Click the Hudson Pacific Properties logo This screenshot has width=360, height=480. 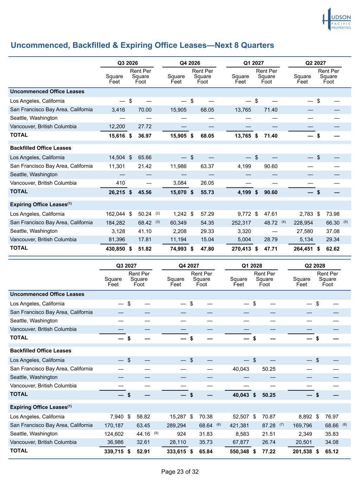pos(336,19)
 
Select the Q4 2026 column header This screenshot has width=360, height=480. pos(190,63)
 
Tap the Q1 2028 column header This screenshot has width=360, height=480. pos(252,266)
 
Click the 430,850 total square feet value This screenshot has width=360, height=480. pos(115,249)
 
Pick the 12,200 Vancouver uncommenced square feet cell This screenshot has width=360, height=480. pos(117,127)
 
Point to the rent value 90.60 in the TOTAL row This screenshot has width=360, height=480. pos(271,192)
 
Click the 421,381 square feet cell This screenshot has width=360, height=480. pos(239,425)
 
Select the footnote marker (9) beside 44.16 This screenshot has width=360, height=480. pos(156,433)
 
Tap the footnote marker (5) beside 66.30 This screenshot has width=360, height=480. pos(346,222)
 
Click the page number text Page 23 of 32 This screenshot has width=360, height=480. pos(180,472)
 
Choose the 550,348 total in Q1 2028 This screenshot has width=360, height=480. pos(239,452)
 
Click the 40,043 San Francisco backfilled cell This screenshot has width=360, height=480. pos(241,369)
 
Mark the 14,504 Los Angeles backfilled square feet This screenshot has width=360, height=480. pos(117,158)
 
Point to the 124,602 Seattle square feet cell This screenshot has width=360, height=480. pos(114,434)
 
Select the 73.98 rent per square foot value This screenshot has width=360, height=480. pos(333,214)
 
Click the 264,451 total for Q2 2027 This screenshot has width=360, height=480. pos(303,249)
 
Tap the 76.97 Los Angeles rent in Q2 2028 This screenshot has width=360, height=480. pos(332,417)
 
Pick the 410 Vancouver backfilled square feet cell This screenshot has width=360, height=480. pos(121,183)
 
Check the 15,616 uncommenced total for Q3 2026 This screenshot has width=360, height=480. pos(117,136)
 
